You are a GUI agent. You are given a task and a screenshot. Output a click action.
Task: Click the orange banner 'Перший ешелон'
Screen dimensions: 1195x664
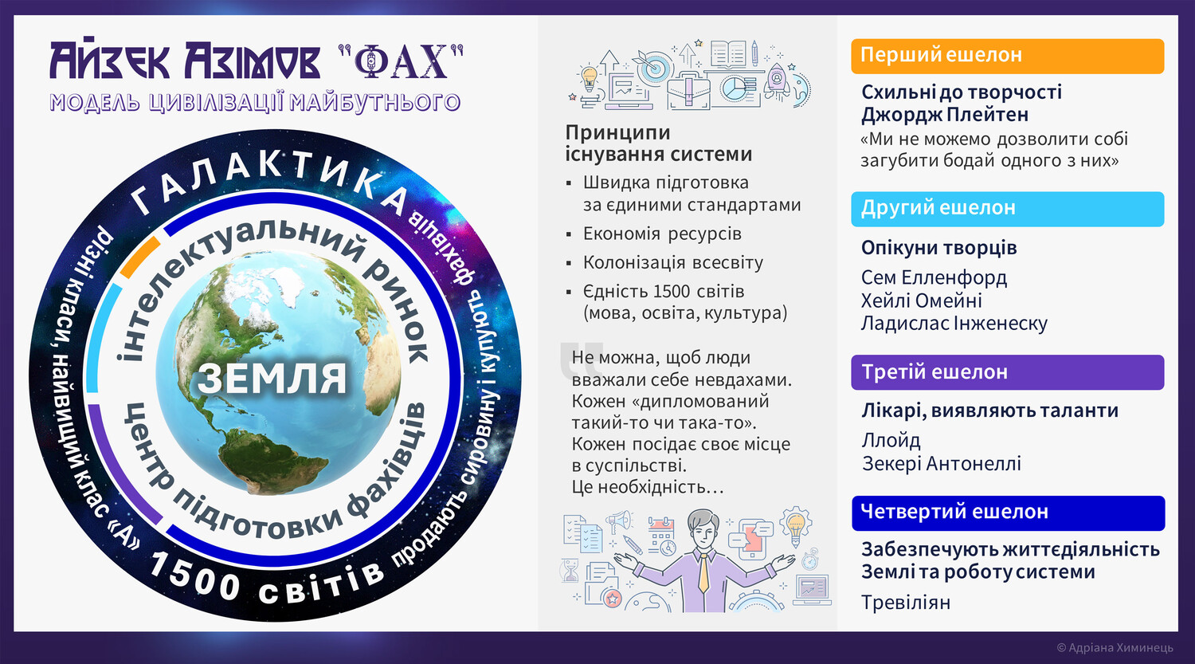click(x=1007, y=56)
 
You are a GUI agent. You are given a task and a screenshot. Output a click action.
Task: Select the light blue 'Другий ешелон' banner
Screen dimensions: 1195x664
click(x=1007, y=209)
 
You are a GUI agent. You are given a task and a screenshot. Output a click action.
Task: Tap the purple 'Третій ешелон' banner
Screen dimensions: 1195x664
click(x=1007, y=372)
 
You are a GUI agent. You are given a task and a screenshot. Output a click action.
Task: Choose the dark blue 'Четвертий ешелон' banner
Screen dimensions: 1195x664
click(x=1008, y=513)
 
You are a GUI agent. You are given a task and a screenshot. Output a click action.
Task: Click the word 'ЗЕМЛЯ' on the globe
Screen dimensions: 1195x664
click(x=272, y=379)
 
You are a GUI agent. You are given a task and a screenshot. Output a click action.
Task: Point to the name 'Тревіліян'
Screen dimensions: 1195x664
click(x=906, y=603)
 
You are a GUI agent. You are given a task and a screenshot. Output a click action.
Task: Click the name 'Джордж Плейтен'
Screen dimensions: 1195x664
click(x=945, y=115)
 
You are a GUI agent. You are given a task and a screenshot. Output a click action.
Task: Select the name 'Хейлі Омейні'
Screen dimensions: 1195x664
click(x=921, y=301)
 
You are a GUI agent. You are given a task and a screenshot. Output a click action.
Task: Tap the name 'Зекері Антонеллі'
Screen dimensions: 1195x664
click(x=942, y=463)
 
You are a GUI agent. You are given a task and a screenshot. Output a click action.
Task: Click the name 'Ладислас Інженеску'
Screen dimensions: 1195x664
click(x=954, y=324)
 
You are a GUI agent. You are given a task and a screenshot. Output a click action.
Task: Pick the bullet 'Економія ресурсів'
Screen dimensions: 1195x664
click(x=662, y=234)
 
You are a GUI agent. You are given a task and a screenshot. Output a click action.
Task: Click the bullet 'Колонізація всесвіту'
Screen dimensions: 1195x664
click(x=672, y=262)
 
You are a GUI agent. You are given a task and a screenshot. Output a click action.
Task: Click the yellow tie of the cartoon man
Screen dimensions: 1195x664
click(x=703, y=572)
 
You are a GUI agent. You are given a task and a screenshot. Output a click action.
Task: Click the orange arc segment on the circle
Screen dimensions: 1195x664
click(x=140, y=257)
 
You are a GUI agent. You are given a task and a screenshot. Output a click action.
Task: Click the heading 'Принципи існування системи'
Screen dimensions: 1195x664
click(x=658, y=143)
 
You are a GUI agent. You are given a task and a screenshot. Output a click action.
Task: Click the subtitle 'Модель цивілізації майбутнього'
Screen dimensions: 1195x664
click(x=255, y=102)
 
